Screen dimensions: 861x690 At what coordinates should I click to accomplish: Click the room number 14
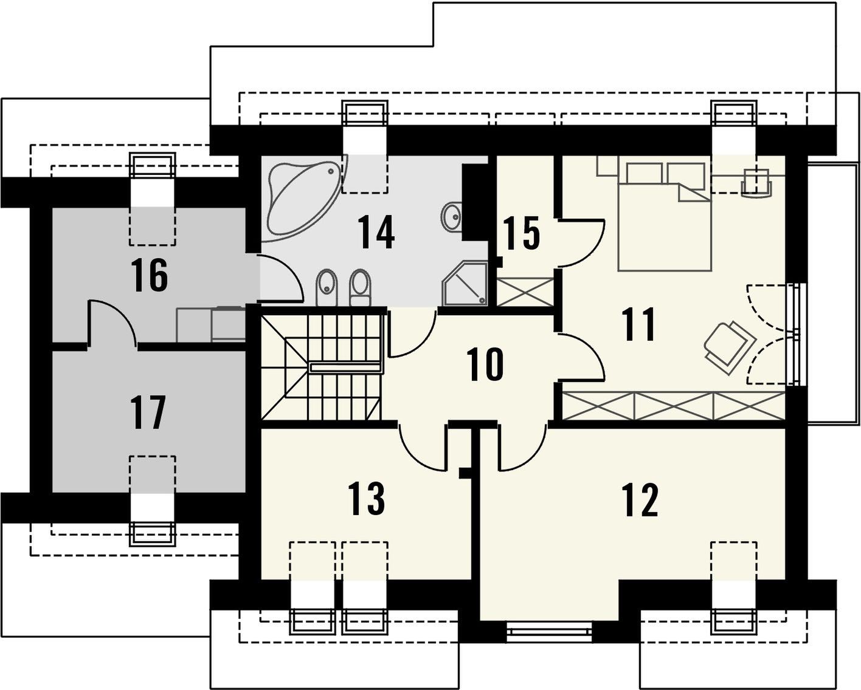(376, 232)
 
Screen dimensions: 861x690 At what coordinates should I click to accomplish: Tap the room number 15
(521, 233)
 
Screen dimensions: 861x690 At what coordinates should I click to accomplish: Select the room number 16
(150, 275)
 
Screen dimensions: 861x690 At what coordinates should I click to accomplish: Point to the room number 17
(148, 412)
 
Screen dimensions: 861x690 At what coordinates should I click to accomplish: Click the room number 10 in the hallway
(485, 364)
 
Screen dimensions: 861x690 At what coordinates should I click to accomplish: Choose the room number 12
(640, 500)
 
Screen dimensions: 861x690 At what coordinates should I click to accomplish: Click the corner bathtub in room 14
(305, 198)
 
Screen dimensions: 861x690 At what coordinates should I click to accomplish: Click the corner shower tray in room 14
(465, 283)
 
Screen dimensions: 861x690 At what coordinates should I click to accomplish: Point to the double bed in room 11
(665, 216)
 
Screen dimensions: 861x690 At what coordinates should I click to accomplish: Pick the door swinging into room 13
(423, 446)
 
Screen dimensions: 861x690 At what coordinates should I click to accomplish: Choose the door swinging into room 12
(522, 446)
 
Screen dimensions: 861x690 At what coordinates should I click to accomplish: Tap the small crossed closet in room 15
(525, 292)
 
